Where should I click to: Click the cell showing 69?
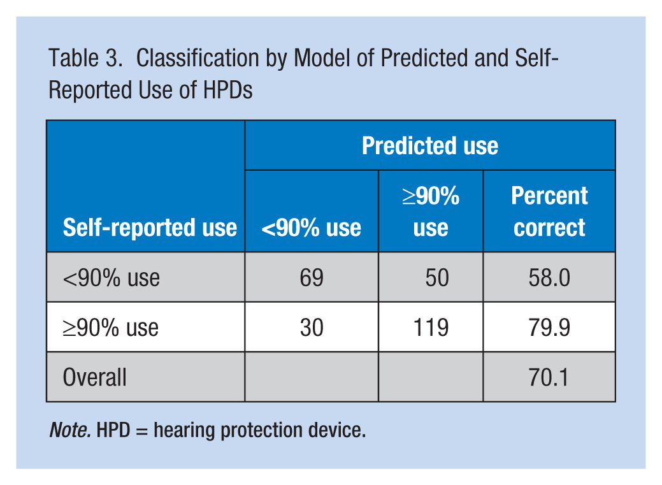312,278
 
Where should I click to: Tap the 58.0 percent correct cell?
549,278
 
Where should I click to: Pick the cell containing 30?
312,328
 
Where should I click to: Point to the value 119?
431,328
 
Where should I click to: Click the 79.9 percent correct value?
549,328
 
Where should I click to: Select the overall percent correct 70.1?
549,377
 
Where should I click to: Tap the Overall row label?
94,377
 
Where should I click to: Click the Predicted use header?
430,146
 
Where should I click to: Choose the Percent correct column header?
549,212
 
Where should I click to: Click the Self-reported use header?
150,228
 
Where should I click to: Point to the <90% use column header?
311,228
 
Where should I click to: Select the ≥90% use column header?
431,212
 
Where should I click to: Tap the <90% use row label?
112,278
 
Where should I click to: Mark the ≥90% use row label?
111,328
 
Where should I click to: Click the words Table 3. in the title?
86,58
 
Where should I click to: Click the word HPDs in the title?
227,90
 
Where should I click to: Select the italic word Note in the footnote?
69,430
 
